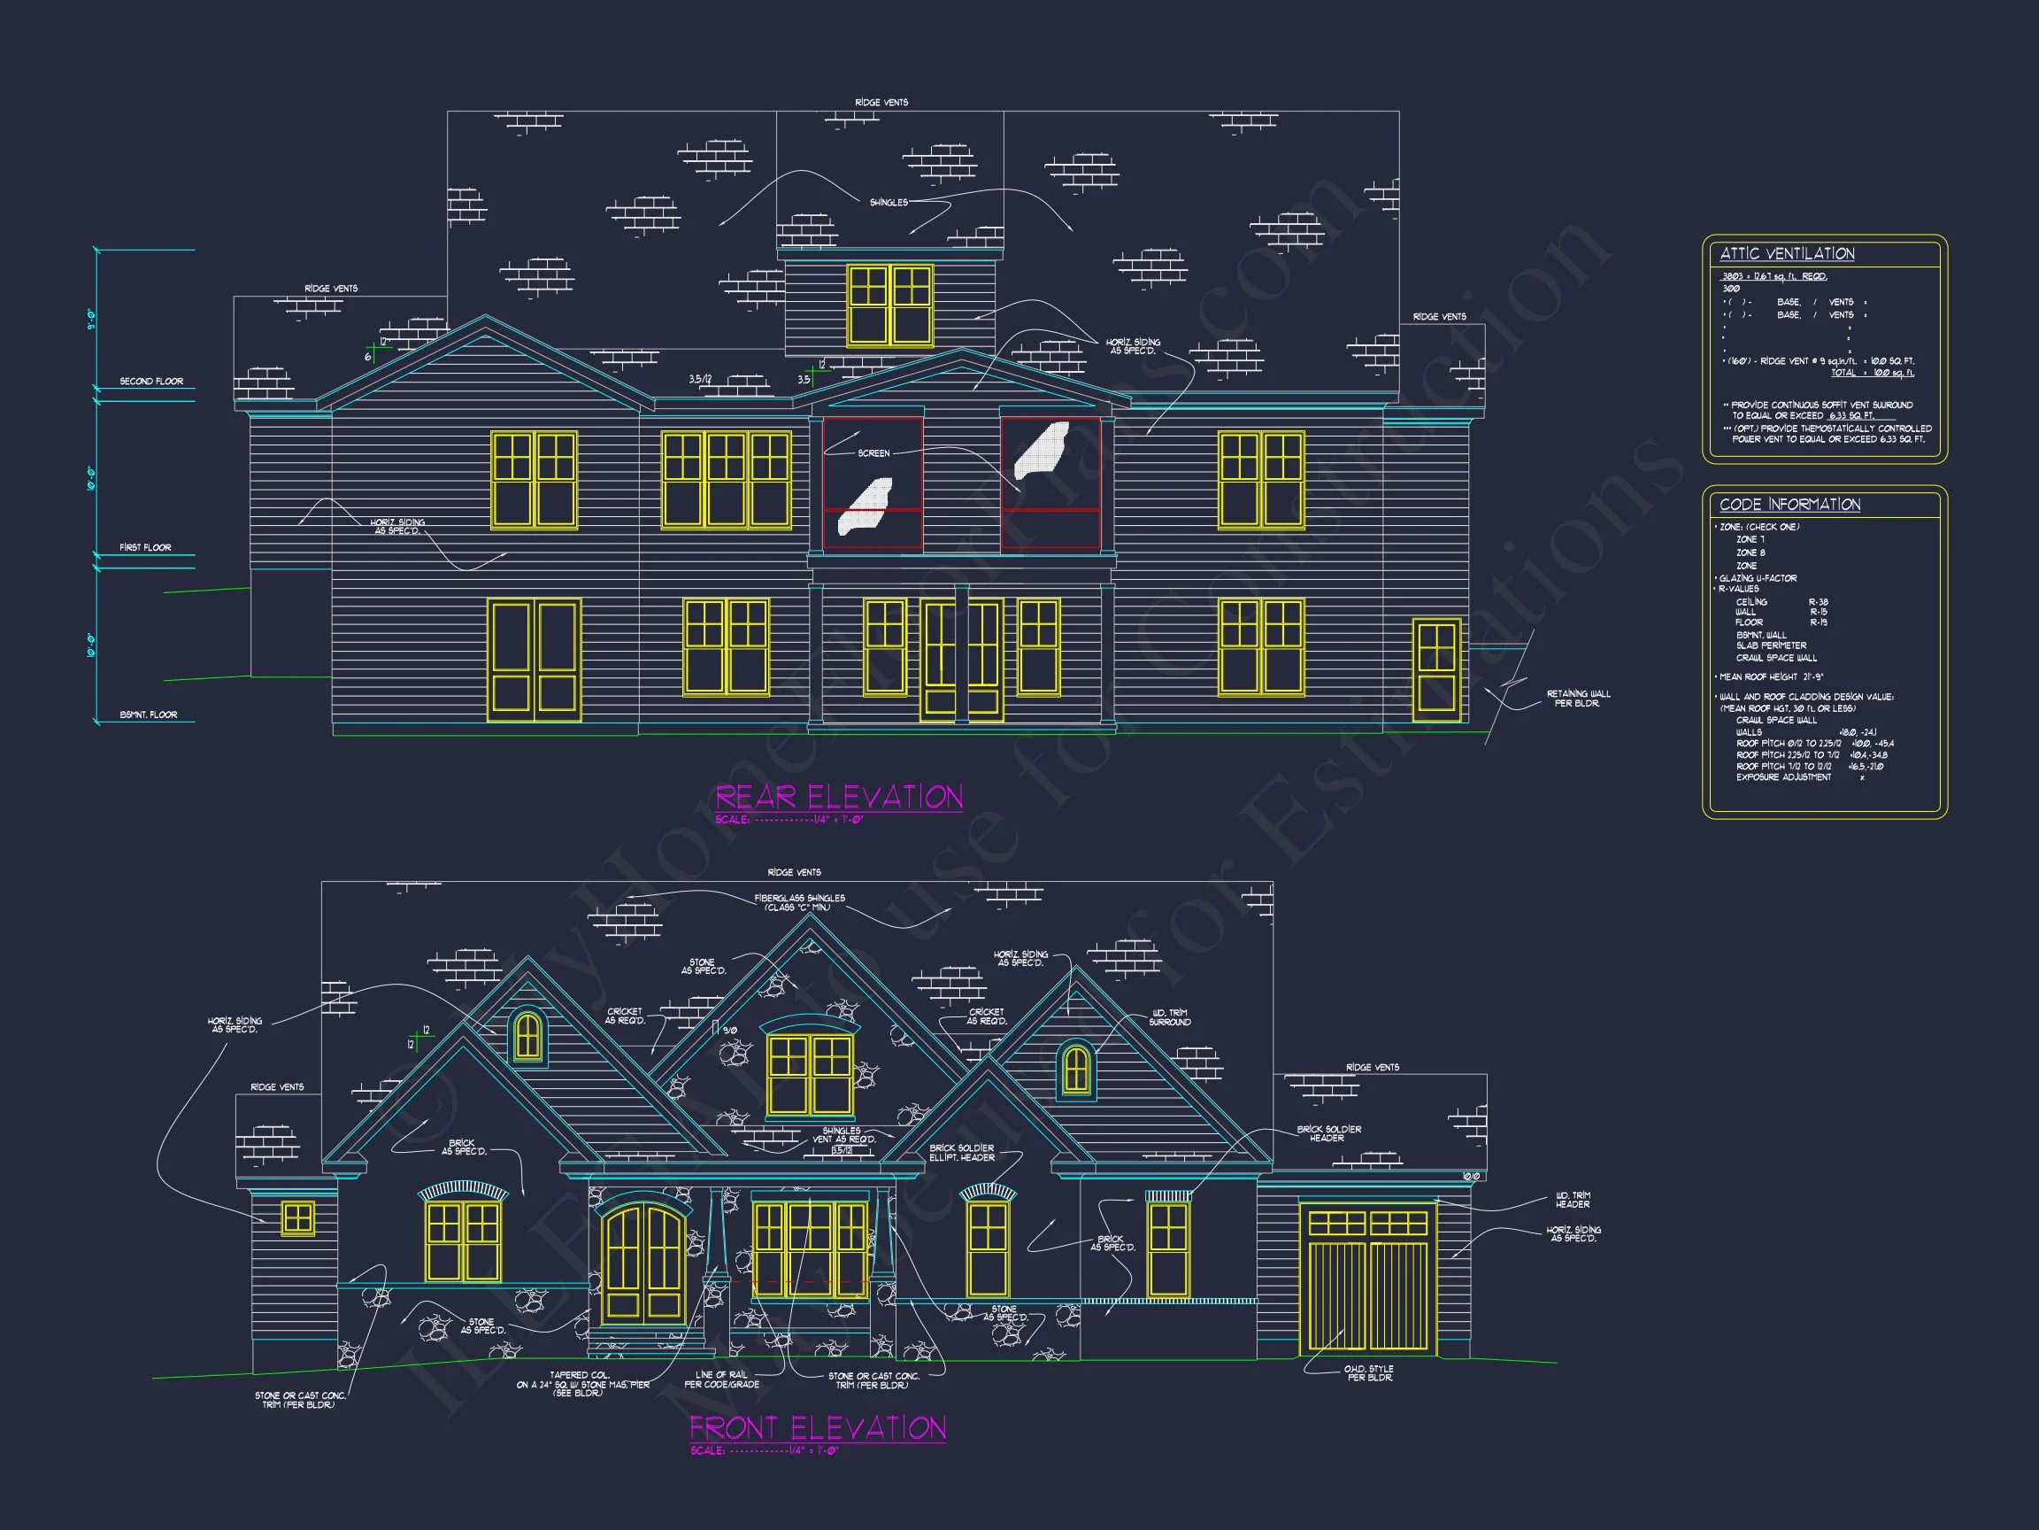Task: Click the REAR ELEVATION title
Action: pos(839,797)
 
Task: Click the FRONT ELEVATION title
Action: pos(818,1427)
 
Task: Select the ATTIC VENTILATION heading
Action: pos(1787,253)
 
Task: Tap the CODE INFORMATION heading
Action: pos(1789,505)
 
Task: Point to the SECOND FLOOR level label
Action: pos(151,381)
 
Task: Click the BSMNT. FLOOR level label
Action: pos(149,715)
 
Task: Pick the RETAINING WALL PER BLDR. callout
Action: pos(1578,698)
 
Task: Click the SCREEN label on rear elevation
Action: pos(873,452)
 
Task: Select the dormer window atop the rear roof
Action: pos(889,305)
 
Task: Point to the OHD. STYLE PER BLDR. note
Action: pos(1369,1373)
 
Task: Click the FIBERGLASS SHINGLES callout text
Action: pos(798,902)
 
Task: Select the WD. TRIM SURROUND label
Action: pos(1170,1017)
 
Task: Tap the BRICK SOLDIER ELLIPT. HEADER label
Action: pos(961,1153)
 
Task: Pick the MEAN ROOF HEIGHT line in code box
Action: pos(1771,677)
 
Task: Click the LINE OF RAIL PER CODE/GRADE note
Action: pos(721,1379)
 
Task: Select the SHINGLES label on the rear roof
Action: pos(889,202)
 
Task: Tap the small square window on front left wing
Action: pos(297,1218)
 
